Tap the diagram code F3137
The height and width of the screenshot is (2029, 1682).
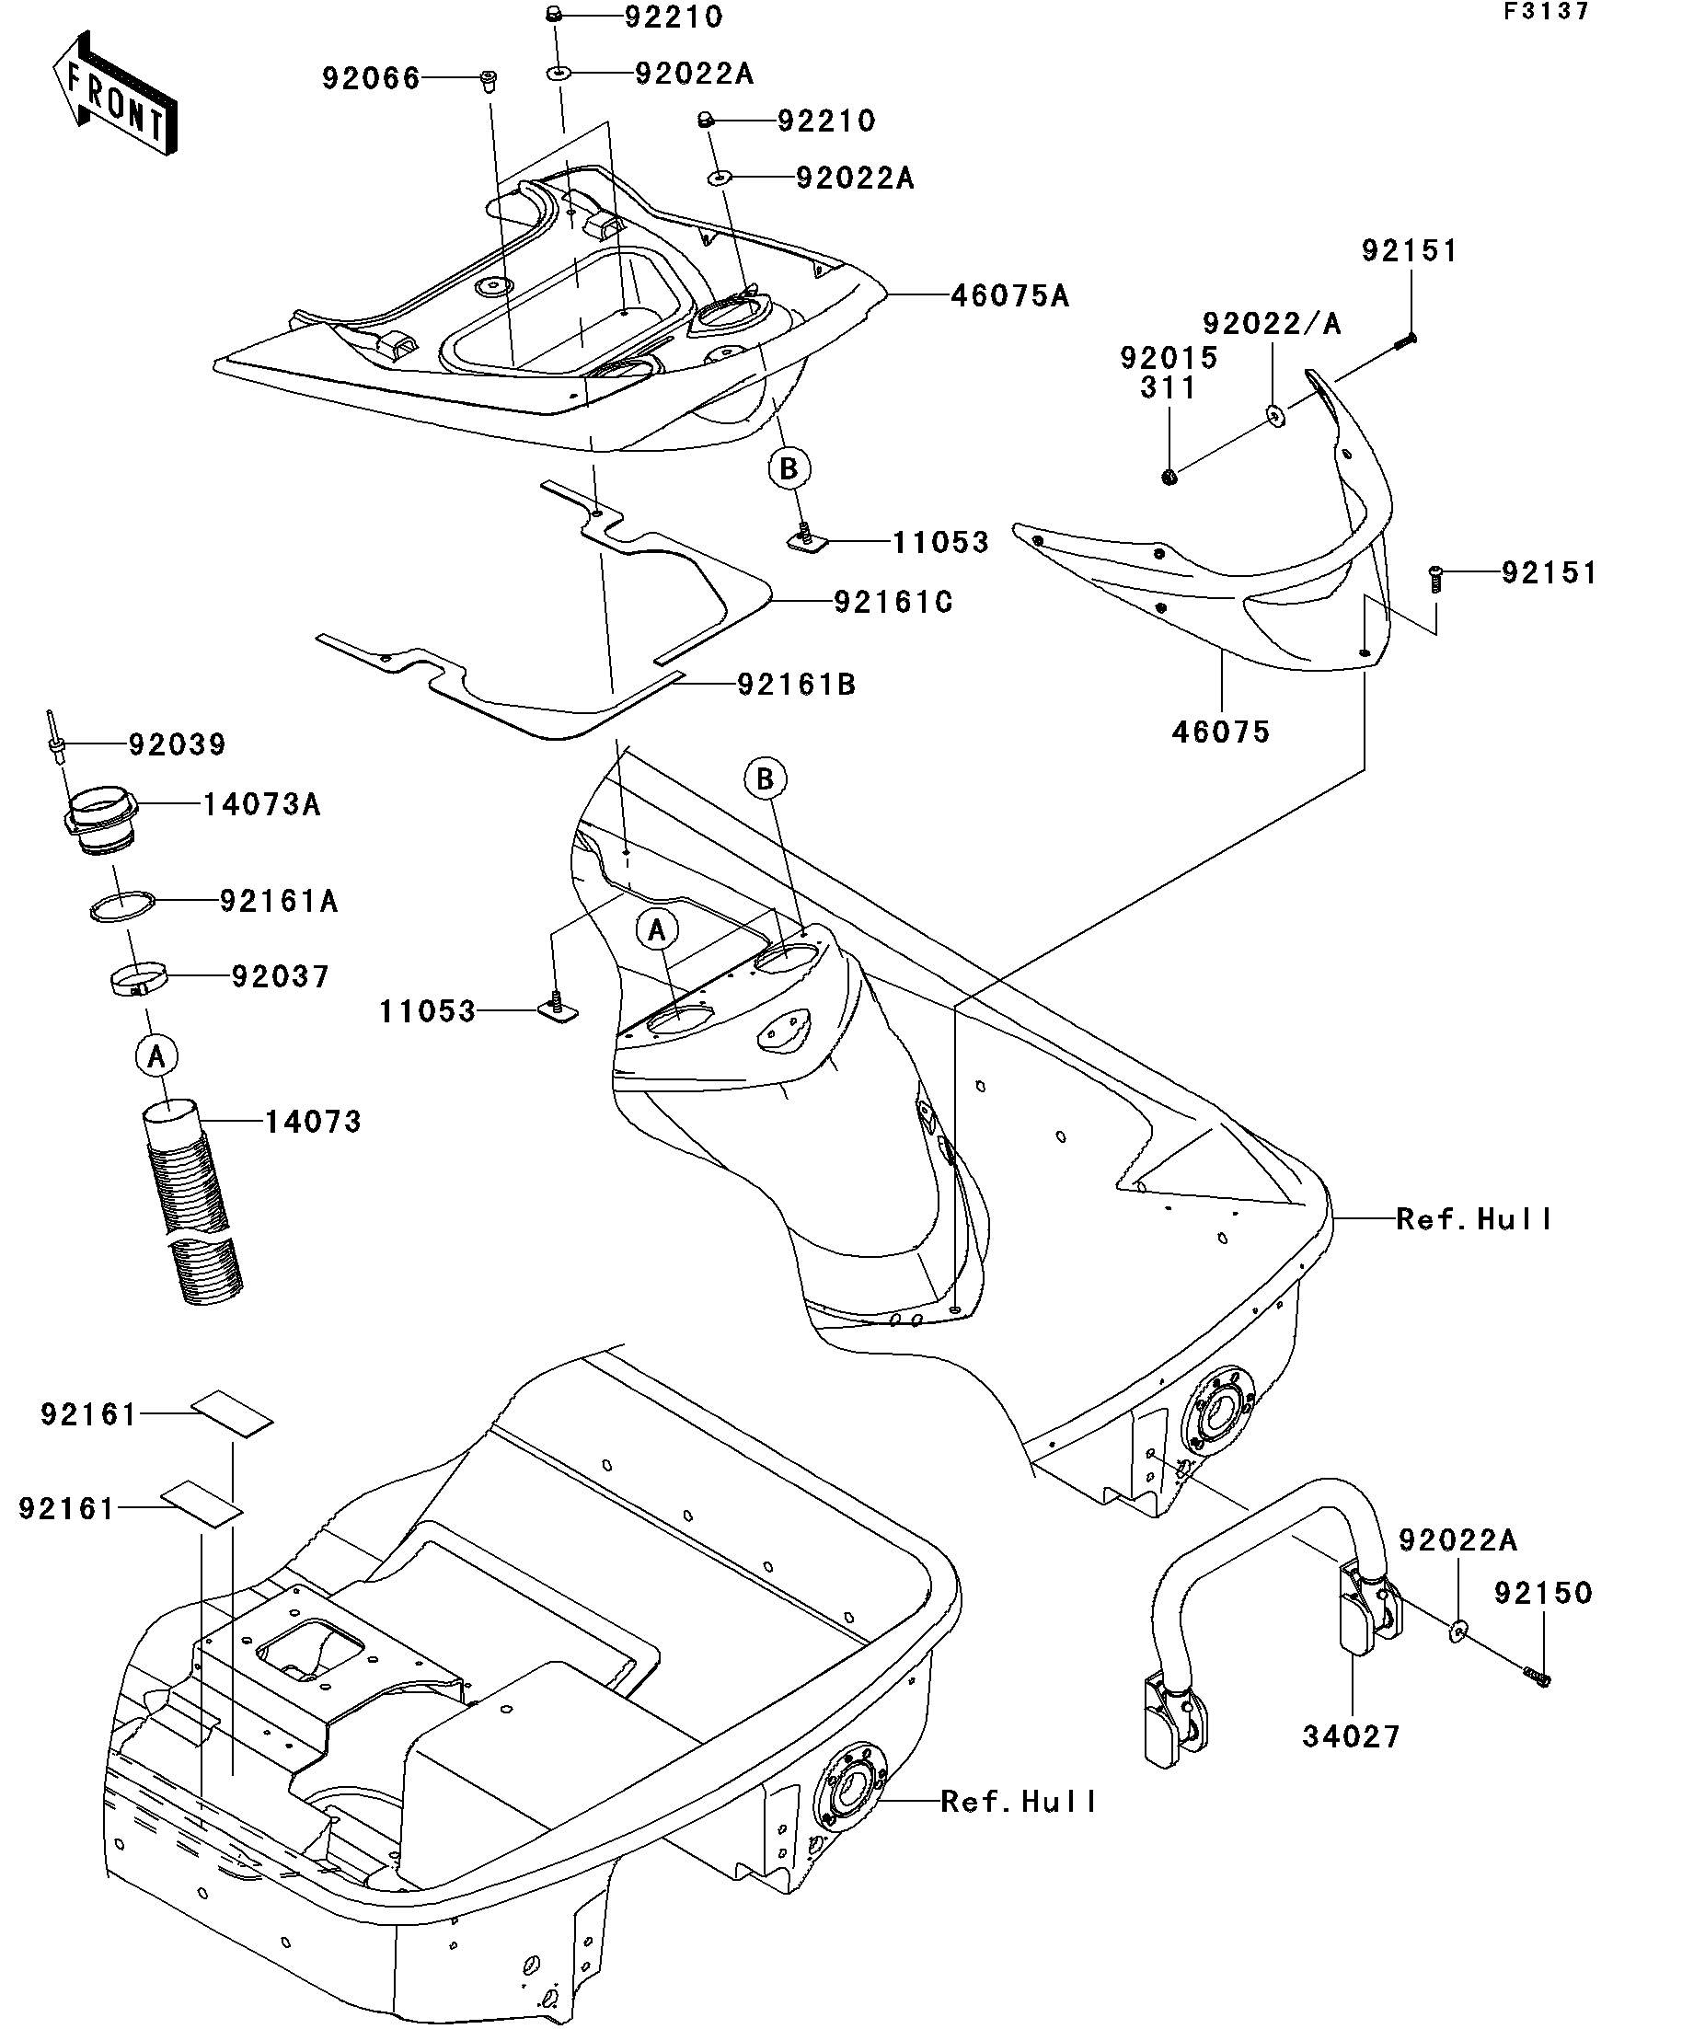1545,12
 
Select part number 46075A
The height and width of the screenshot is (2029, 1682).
1009,295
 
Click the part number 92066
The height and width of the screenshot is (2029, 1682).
371,78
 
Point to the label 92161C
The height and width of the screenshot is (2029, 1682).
893,603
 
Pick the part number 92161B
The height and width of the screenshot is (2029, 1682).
796,685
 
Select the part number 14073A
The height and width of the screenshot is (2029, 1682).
260,804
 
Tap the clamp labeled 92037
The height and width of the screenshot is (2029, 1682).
137,981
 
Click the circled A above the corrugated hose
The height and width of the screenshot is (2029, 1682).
156,1056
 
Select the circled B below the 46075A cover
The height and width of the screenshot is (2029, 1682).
789,468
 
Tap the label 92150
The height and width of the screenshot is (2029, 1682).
1543,1592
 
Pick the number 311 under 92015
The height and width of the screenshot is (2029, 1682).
1168,387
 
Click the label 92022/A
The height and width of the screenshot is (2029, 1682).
1272,324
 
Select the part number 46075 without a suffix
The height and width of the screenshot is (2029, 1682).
1220,732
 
